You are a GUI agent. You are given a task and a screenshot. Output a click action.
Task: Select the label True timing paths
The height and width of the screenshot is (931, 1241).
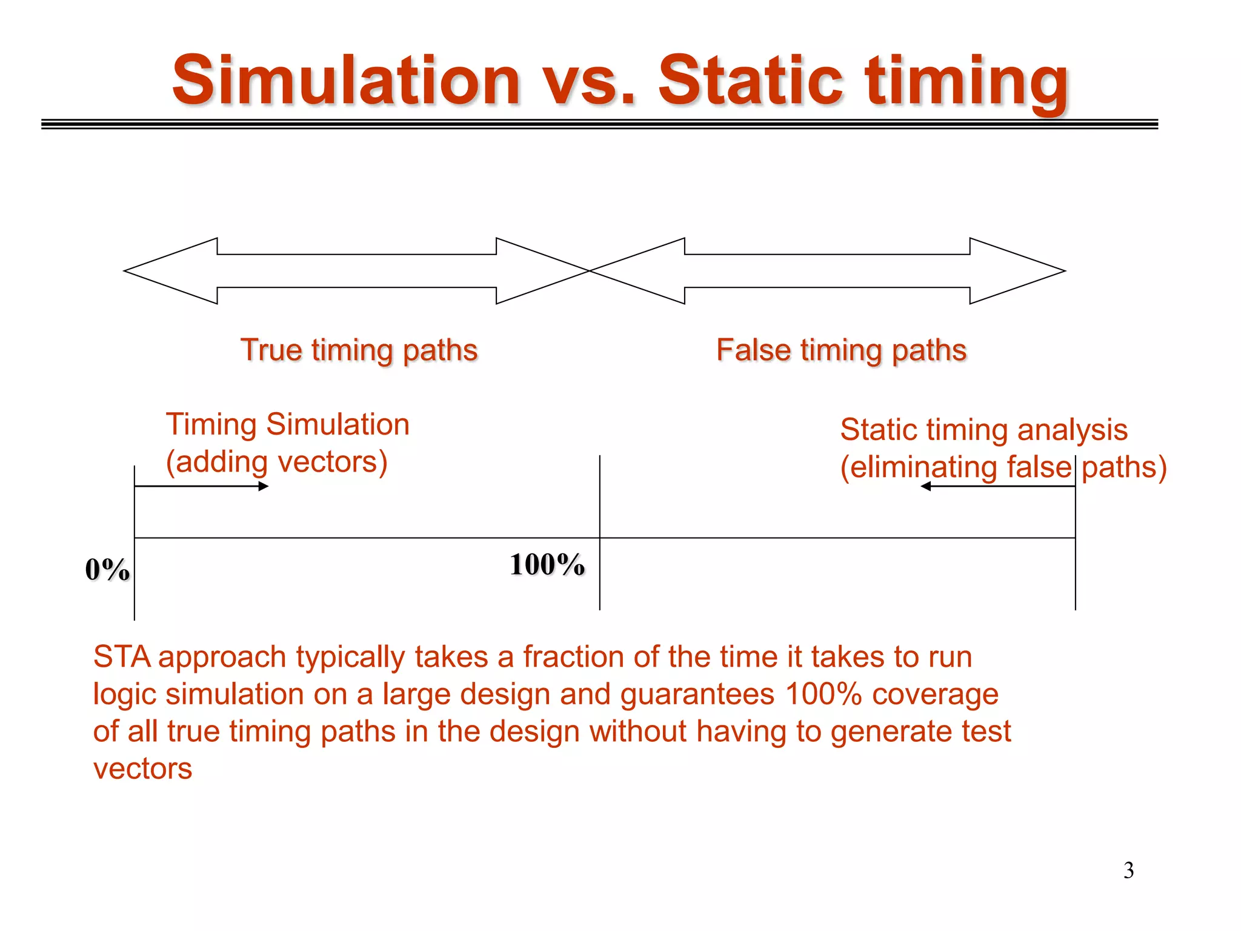coord(359,350)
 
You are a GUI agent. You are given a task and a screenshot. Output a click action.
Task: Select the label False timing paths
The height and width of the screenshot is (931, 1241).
coord(841,350)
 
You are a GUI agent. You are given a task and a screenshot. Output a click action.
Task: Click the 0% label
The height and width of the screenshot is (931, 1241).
coord(107,570)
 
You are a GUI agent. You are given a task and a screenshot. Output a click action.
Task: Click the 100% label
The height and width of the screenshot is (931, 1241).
coord(547,564)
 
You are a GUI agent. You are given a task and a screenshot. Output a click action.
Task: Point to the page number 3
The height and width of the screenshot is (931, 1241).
coord(1128,870)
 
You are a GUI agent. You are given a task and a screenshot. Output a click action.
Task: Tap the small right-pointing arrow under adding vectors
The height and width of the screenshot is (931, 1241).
coord(264,486)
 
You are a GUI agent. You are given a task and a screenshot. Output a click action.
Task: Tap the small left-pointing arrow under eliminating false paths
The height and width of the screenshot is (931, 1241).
coord(926,486)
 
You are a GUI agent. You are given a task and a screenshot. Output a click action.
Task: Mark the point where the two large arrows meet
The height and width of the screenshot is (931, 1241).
coord(590,271)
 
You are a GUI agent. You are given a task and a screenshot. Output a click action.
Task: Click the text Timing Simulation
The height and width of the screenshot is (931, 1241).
coord(288,424)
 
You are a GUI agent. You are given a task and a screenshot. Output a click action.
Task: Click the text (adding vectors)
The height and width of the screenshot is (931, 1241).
coord(276,462)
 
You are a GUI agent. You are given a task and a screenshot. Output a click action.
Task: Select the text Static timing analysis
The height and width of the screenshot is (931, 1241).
coord(983,430)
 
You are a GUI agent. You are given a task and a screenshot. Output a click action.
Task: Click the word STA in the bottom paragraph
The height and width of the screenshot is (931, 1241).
coord(122,657)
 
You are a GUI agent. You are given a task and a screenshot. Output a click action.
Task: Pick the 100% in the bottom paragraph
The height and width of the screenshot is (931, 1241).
coord(823,694)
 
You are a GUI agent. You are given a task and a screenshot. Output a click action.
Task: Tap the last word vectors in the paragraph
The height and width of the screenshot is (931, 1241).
coord(142,769)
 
